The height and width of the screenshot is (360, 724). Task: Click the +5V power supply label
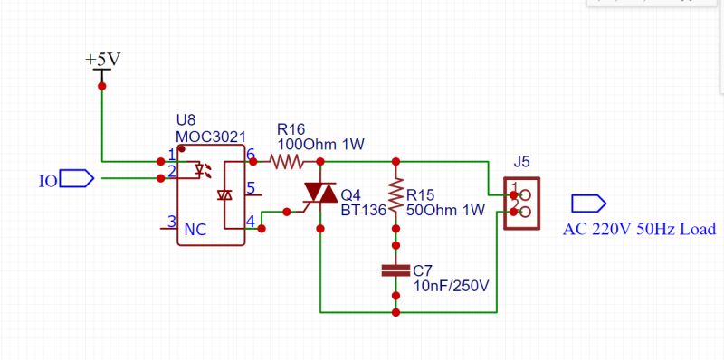tap(102, 59)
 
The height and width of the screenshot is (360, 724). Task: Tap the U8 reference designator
tap(186, 120)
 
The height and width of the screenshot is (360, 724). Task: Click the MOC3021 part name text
tap(210, 137)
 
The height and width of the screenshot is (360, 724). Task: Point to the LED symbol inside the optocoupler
tap(205, 169)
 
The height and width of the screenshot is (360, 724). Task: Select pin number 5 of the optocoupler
tap(251, 189)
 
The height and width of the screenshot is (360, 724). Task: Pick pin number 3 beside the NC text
tap(170, 221)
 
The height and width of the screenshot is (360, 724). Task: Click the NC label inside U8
tap(195, 231)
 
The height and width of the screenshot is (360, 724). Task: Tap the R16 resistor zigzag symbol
tap(286, 162)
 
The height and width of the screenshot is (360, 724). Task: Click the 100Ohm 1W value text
tap(320, 144)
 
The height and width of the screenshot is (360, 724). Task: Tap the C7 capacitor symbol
tap(395, 270)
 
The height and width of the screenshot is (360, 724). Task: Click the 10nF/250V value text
tap(451, 286)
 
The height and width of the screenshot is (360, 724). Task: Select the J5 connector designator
tap(521, 162)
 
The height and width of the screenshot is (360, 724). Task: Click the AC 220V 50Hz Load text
tap(639, 229)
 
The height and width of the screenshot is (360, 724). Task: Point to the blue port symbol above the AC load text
tap(587, 203)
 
